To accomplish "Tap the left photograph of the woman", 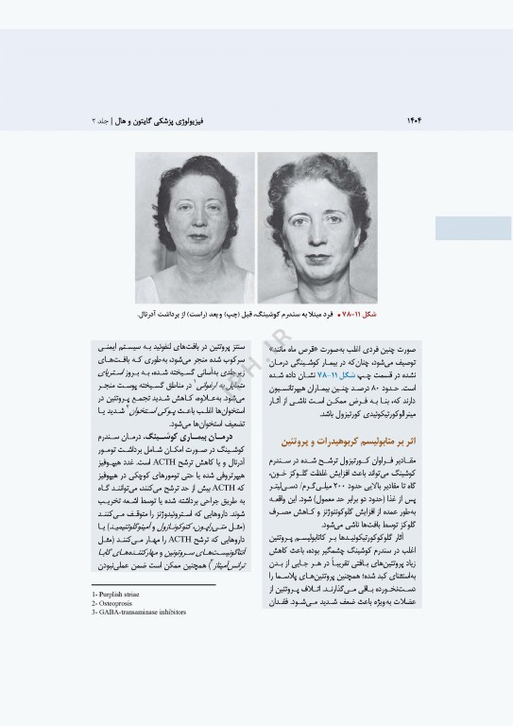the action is click(195, 228).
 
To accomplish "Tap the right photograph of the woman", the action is click(317, 228).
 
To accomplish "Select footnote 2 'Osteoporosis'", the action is click(120, 602).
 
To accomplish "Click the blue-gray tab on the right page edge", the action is click(472, 227).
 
